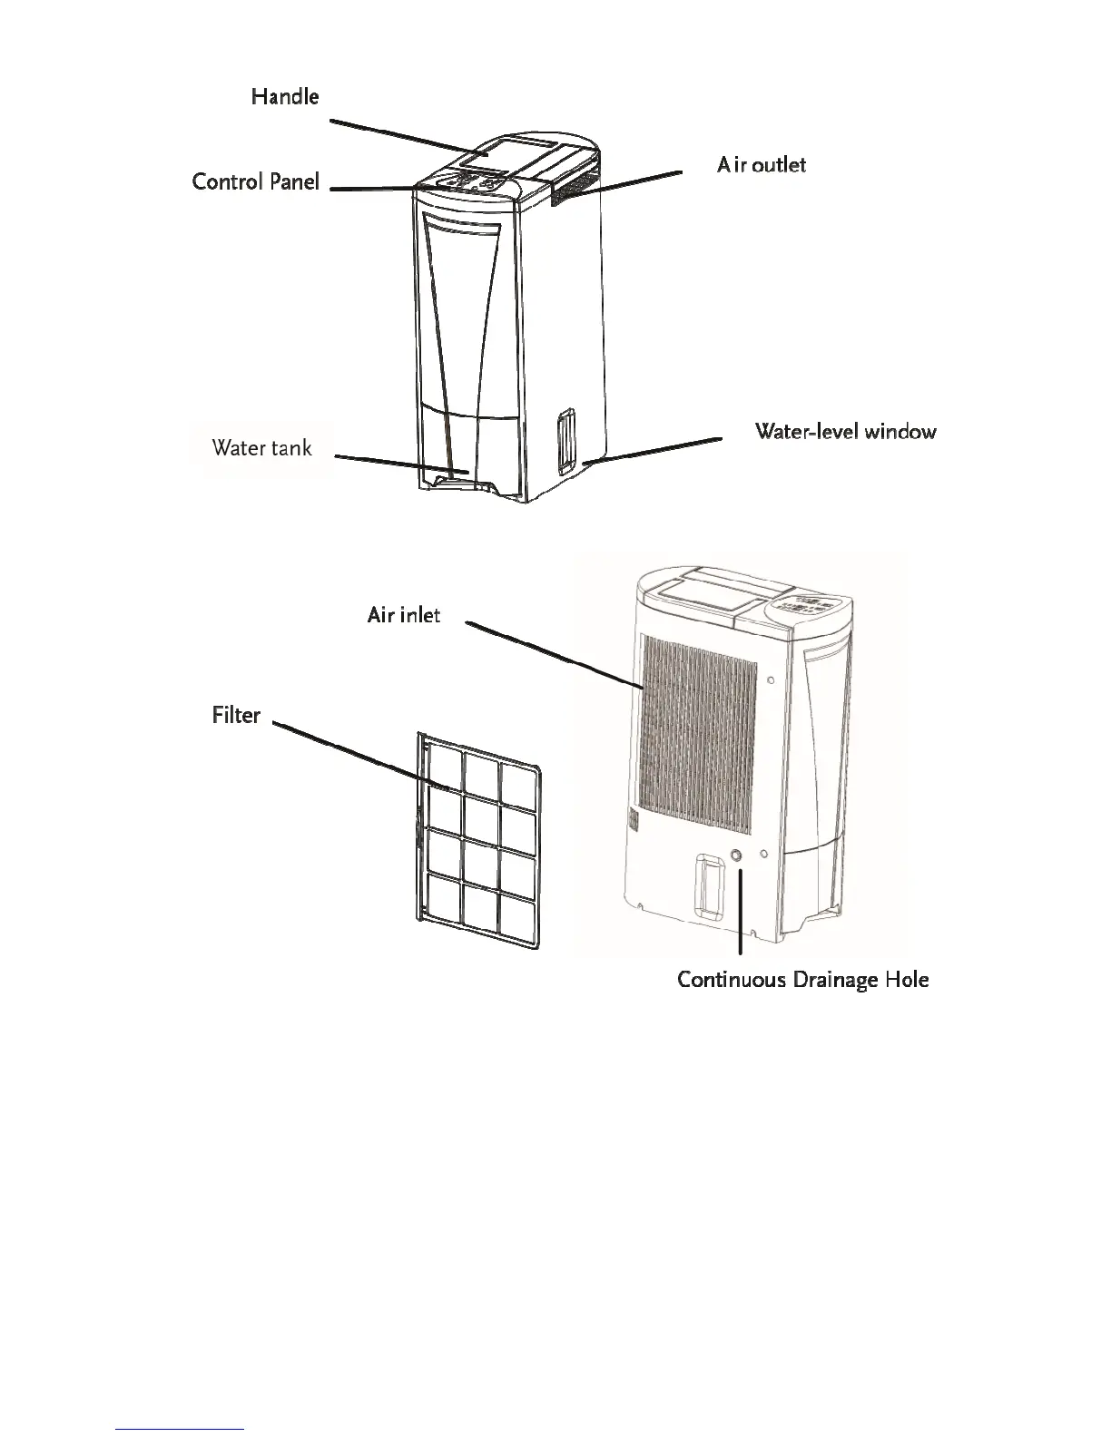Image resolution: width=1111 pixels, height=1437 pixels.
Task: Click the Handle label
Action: (x=285, y=96)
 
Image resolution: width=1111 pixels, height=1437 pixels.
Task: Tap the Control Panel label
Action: (x=256, y=181)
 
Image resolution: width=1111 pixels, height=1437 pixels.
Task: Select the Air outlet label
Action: (x=761, y=164)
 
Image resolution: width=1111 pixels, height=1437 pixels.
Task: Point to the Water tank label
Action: (x=261, y=447)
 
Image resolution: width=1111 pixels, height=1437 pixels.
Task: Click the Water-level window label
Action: (x=845, y=431)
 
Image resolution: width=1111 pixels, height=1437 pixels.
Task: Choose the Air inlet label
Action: (x=404, y=615)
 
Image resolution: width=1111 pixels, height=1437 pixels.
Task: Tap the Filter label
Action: (x=236, y=716)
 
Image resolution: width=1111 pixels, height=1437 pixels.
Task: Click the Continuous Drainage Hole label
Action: (x=802, y=980)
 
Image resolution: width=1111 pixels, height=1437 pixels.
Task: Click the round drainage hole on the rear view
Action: (x=736, y=855)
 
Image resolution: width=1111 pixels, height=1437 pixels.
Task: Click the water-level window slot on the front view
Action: (x=565, y=442)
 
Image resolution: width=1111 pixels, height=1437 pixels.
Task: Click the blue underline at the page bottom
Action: (x=181, y=1430)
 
